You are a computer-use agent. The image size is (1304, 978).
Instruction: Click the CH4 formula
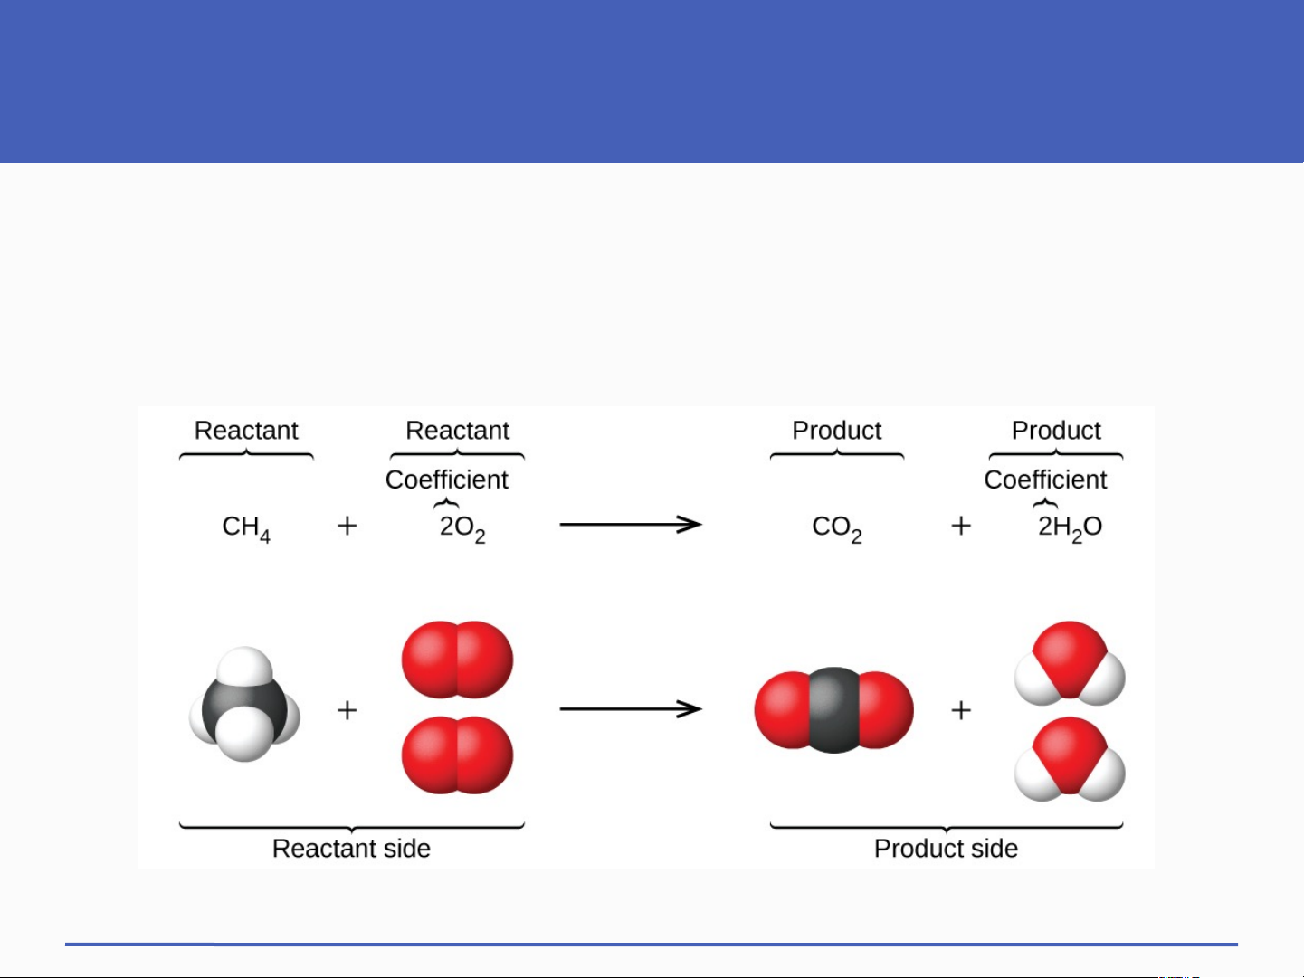click(x=246, y=527)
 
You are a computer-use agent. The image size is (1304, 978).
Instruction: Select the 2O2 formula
click(x=462, y=527)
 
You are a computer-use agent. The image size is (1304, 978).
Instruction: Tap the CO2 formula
click(x=837, y=527)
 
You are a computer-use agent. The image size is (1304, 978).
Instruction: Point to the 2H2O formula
click(x=1070, y=527)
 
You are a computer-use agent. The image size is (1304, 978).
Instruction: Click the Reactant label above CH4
click(x=246, y=431)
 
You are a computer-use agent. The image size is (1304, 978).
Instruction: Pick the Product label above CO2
click(x=837, y=431)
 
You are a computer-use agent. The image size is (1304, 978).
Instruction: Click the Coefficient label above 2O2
click(x=447, y=480)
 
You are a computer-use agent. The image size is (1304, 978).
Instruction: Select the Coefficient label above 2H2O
click(x=1045, y=480)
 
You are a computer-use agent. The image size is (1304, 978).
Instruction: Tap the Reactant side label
click(x=351, y=849)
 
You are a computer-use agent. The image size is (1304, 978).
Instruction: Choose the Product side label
click(x=946, y=849)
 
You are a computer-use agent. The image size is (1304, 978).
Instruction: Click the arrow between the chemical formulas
click(x=631, y=525)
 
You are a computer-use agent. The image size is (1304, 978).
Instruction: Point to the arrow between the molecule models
click(x=631, y=709)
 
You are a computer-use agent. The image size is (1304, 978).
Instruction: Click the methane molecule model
click(x=244, y=705)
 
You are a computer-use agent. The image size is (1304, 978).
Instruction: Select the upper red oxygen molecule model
click(x=457, y=660)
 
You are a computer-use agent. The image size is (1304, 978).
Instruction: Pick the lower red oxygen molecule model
click(x=457, y=755)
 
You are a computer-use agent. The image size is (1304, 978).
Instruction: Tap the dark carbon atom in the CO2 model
click(x=833, y=710)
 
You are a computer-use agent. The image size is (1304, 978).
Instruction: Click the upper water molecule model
click(x=1070, y=664)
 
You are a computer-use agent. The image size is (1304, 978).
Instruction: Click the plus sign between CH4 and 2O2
click(x=347, y=526)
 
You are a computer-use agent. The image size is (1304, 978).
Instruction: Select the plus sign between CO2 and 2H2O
click(x=961, y=526)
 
